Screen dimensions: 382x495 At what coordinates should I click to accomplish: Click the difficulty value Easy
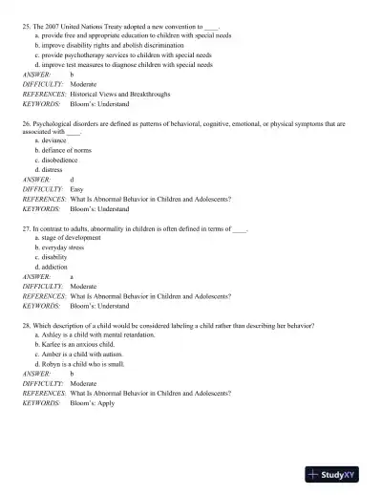tap(77, 189)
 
